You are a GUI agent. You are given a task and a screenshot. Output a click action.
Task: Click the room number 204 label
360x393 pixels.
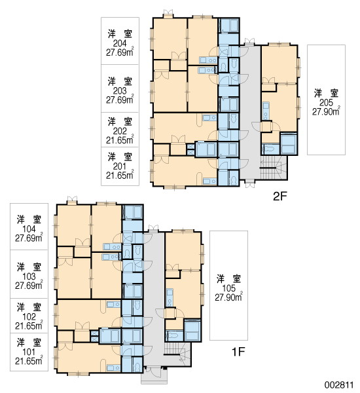pyautogui.click(x=120, y=43)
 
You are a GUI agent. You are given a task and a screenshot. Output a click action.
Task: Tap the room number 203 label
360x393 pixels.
pyautogui.click(x=120, y=91)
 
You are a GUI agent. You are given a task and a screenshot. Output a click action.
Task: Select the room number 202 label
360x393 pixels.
pyautogui.click(x=120, y=131)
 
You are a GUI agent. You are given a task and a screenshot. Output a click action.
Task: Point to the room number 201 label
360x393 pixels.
pyautogui.click(x=120, y=166)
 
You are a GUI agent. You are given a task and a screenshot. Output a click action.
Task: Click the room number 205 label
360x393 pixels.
pyautogui.click(x=326, y=103)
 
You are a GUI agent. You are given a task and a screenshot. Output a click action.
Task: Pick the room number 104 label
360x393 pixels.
pyautogui.click(x=29, y=229)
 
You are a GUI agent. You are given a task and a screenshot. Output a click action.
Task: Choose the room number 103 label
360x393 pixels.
pyautogui.click(x=29, y=276)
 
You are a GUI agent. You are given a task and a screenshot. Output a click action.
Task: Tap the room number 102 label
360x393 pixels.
pyautogui.click(x=29, y=317)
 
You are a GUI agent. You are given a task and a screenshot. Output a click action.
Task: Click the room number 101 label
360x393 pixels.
pyautogui.click(x=29, y=352)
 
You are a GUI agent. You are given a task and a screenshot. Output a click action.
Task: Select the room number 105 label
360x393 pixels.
pyautogui.click(x=228, y=288)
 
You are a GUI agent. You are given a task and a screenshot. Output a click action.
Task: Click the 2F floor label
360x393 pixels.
pyautogui.click(x=279, y=196)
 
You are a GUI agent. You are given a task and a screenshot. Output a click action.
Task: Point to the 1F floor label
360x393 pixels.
pyautogui.click(x=238, y=352)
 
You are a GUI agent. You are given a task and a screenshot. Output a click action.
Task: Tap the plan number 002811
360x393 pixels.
pyautogui.click(x=339, y=384)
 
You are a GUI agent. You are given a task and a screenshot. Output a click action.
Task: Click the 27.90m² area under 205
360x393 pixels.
pyautogui.click(x=326, y=111)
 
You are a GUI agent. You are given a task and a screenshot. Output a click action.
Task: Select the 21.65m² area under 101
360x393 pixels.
pyautogui.click(x=29, y=361)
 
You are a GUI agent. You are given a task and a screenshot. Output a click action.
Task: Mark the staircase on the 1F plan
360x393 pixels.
pyautogui.click(x=177, y=354)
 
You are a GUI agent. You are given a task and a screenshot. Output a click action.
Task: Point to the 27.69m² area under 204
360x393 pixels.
pyautogui.click(x=120, y=52)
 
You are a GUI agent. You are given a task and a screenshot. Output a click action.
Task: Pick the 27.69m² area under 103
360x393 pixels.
pyautogui.click(x=29, y=285)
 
